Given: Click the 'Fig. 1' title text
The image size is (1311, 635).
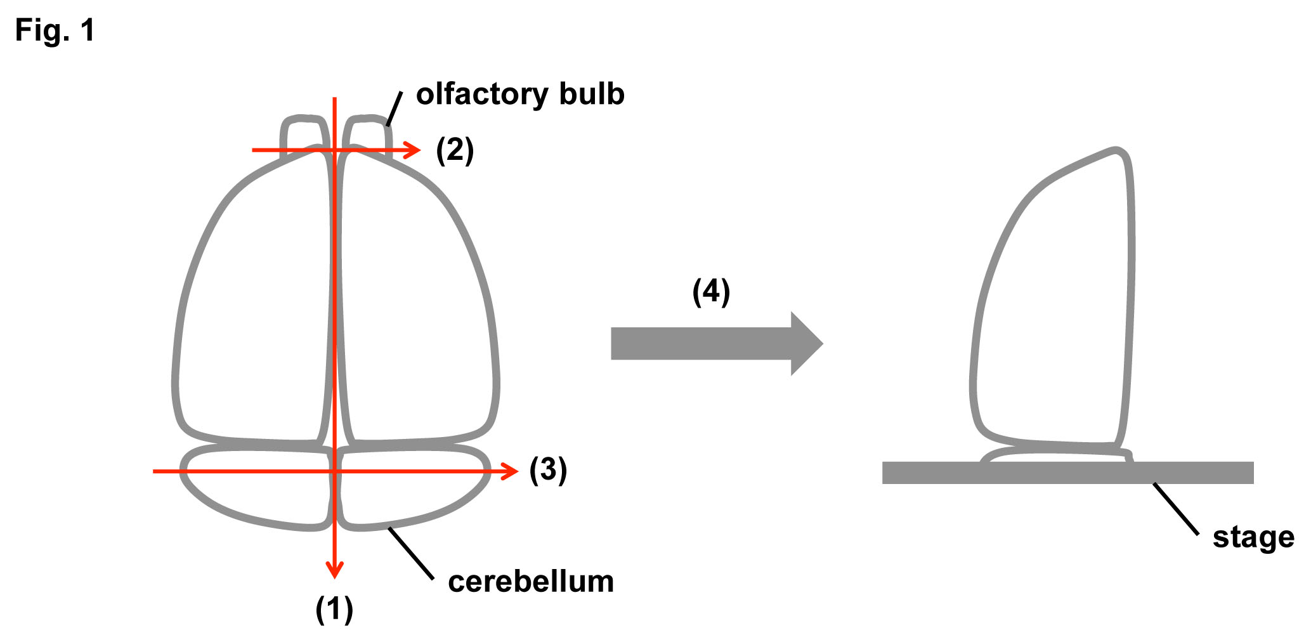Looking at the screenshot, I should pos(55,30).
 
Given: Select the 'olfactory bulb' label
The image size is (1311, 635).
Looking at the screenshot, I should pos(520,95).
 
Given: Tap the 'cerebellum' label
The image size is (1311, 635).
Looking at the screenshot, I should pos(531,582).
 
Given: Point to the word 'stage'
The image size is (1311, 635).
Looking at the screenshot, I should pos(1253,537).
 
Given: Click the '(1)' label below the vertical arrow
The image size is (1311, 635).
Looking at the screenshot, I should pos(334,609).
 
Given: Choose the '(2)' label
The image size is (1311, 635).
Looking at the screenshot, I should pos(455,150).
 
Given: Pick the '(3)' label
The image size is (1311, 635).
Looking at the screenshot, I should pos(548,470).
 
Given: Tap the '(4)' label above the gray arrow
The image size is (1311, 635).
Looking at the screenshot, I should pos(711,292).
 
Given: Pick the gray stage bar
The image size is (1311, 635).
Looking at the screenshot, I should pos(1067,473).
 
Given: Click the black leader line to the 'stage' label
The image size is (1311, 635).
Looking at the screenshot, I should pos(1175,508).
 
